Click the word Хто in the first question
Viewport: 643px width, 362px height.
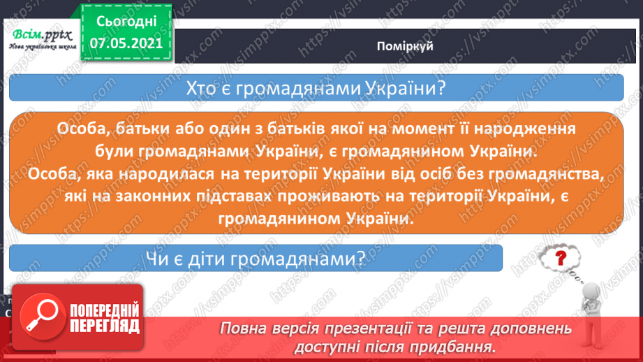[202, 89]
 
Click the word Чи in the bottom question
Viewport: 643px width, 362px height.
[158, 259]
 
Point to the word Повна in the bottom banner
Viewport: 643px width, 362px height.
[241, 328]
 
